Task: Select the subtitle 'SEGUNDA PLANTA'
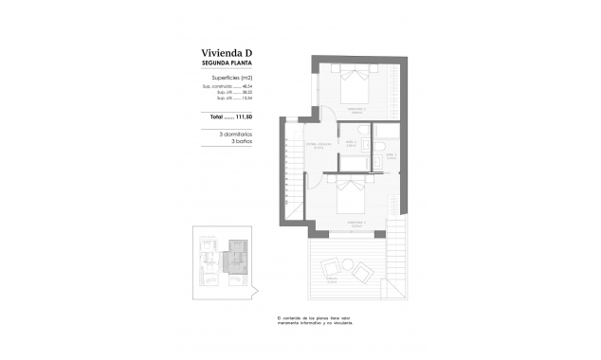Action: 228,63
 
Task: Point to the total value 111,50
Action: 248,117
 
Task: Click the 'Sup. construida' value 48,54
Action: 249,87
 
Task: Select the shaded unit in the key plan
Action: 232,258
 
